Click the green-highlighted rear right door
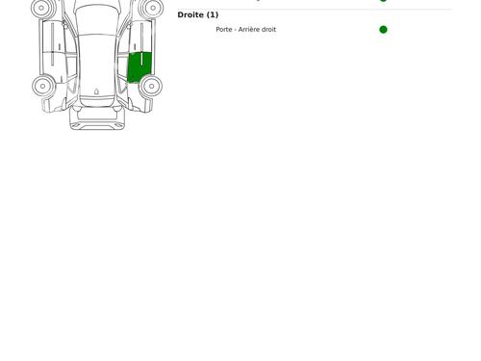[x=139, y=66]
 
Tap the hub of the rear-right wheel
[x=152, y=86]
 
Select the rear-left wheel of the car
[x=42, y=86]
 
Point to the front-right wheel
[x=153, y=8]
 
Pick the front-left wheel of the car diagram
[x=41, y=8]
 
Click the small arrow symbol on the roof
[x=96, y=91]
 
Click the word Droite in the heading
[x=190, y=14]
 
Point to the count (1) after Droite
[x=213, y=14]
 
